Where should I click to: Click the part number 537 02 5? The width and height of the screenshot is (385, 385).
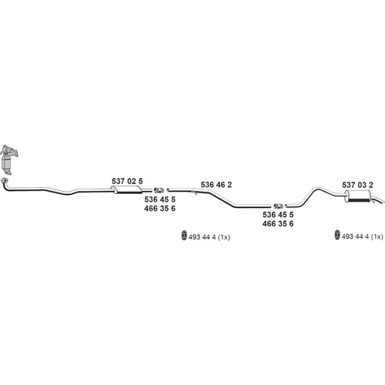127,181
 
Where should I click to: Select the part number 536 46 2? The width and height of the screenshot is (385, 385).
216,185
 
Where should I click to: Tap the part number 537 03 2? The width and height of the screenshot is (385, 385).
357,185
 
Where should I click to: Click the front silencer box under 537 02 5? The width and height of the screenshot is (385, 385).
128,190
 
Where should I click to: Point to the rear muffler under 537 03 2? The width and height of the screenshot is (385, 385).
358,196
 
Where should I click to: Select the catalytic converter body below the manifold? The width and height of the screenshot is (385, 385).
7,163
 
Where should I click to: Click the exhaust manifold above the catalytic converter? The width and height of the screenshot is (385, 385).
9,151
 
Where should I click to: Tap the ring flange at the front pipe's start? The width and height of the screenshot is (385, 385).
5,180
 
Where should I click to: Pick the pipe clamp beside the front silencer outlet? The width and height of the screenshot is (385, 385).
159,190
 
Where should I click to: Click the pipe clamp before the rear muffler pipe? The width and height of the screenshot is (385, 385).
278,206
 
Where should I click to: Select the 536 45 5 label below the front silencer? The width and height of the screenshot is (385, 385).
159,199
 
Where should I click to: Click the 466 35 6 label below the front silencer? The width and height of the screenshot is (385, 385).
159,208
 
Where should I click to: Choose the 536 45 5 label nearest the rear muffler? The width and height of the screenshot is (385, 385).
278,214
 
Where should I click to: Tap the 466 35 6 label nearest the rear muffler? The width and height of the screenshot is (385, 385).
278,223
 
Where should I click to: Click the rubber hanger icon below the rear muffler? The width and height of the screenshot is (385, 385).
337,235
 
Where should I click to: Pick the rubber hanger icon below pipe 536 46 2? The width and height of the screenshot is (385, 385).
184,236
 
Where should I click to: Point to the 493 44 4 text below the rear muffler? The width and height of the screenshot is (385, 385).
355,236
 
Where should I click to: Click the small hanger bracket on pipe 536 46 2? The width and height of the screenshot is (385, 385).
194,192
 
